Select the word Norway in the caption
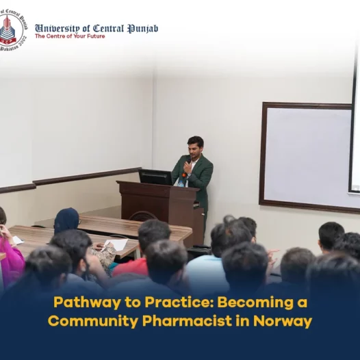point(283,321)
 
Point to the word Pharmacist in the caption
point(187,320)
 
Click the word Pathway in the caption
point(87,303)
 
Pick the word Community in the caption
point(92,321)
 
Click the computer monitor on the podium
point(155,177)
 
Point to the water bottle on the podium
point(181,183)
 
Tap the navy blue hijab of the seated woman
point(66,220)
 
